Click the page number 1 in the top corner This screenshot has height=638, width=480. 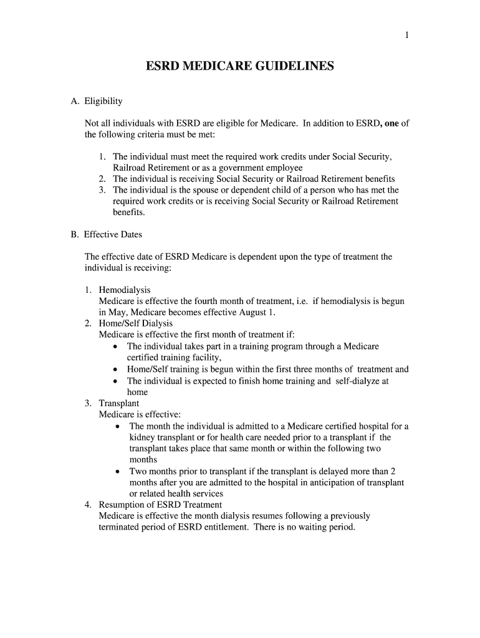click(407, 36)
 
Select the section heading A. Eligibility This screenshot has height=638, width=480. click(97, 101)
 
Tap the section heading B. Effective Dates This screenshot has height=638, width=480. click(106, 235)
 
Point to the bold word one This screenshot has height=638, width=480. click(391, 123)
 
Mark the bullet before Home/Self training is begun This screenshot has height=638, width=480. click(117, 369)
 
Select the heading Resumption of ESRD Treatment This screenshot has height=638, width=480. click(160, 505)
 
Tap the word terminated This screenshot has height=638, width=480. click(120, 527)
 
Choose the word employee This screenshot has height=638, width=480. click(286, 168)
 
